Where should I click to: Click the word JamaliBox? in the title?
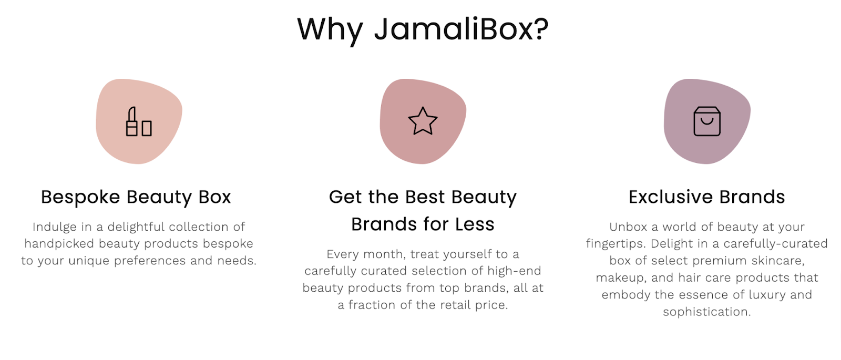click(x=461, y=29)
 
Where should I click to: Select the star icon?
click(x=423, y=121)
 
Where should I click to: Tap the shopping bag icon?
click(x=707, y=121)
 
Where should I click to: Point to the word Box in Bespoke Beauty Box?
click(x=215, y=197)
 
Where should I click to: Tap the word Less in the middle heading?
click(x=475, y=224)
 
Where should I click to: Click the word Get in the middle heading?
click(x=345, y=197)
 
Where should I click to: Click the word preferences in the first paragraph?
click(x=150, y=261)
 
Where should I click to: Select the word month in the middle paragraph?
click(x=384, y=254)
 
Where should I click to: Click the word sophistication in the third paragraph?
click(x=707, y=312)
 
